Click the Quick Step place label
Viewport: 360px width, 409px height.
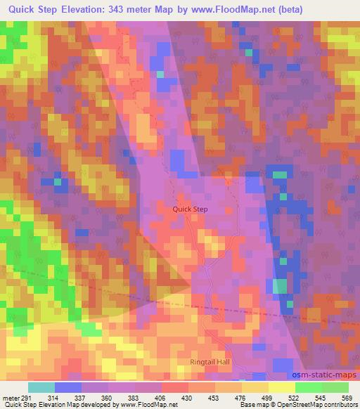(191, 209)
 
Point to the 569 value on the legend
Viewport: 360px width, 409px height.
(347, 398)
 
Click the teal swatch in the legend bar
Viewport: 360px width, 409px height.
(41, 387)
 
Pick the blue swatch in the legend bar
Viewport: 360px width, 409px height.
(68, 387)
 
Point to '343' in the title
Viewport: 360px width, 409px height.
(141, 10)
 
